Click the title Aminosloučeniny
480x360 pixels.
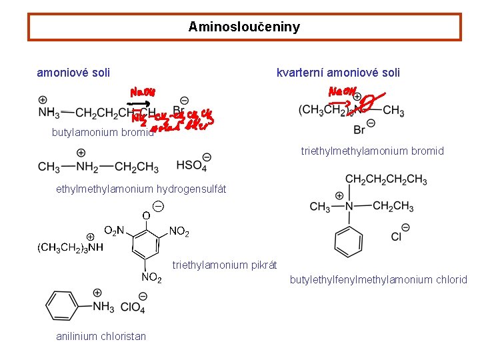[244, 27]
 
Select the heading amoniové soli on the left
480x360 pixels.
[73, 73]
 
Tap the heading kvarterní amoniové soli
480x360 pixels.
[338, 73]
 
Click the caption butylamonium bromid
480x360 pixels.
[102, 132]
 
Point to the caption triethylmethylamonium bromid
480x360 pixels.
[372, 151]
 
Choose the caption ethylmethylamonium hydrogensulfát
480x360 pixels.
[141, 189]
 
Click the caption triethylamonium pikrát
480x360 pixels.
[225, 265]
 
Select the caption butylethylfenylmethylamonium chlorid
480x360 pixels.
[378, 280]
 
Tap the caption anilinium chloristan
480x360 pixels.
[101, 336]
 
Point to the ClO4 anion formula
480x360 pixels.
[133, 307]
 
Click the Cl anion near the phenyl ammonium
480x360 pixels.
[397, 235]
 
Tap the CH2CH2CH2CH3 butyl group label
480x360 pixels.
[386, 179]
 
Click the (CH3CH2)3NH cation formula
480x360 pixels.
[69, 248]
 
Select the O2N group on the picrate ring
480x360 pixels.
[114, 231]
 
